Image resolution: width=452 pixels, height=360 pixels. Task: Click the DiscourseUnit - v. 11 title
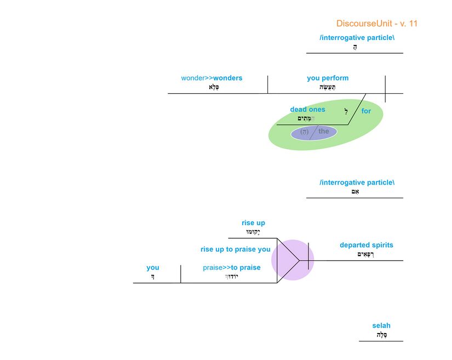point(377,24)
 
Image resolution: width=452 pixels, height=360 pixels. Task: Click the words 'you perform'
point(328,78)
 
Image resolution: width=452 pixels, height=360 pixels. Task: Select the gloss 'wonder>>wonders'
point(211,78)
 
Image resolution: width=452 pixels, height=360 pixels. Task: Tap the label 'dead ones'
point(307,110)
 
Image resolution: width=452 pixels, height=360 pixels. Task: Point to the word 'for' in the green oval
point(366,111)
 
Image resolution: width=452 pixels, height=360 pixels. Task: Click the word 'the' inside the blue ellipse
point(324,131)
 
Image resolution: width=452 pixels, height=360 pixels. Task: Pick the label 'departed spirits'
point(366,245)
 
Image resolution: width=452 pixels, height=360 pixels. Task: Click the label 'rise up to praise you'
point(236,249)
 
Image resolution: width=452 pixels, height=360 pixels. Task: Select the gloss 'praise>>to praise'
point(232,267)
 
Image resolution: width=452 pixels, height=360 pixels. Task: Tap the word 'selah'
point(381,325)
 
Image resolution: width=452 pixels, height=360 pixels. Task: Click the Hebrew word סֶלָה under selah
point(382,335)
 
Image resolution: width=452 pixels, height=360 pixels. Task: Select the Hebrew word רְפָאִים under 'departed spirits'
point(365,254)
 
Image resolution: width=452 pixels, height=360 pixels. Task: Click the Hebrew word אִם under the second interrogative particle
point(355,192)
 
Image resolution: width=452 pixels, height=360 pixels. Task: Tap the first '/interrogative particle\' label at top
point(357,38)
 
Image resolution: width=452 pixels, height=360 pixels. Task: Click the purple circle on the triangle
point(293,260)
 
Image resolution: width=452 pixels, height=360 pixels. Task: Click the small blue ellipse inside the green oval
point(313,133)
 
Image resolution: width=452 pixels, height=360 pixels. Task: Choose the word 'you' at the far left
point(153,267)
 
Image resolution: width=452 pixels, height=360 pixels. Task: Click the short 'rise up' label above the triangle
point(253,223)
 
